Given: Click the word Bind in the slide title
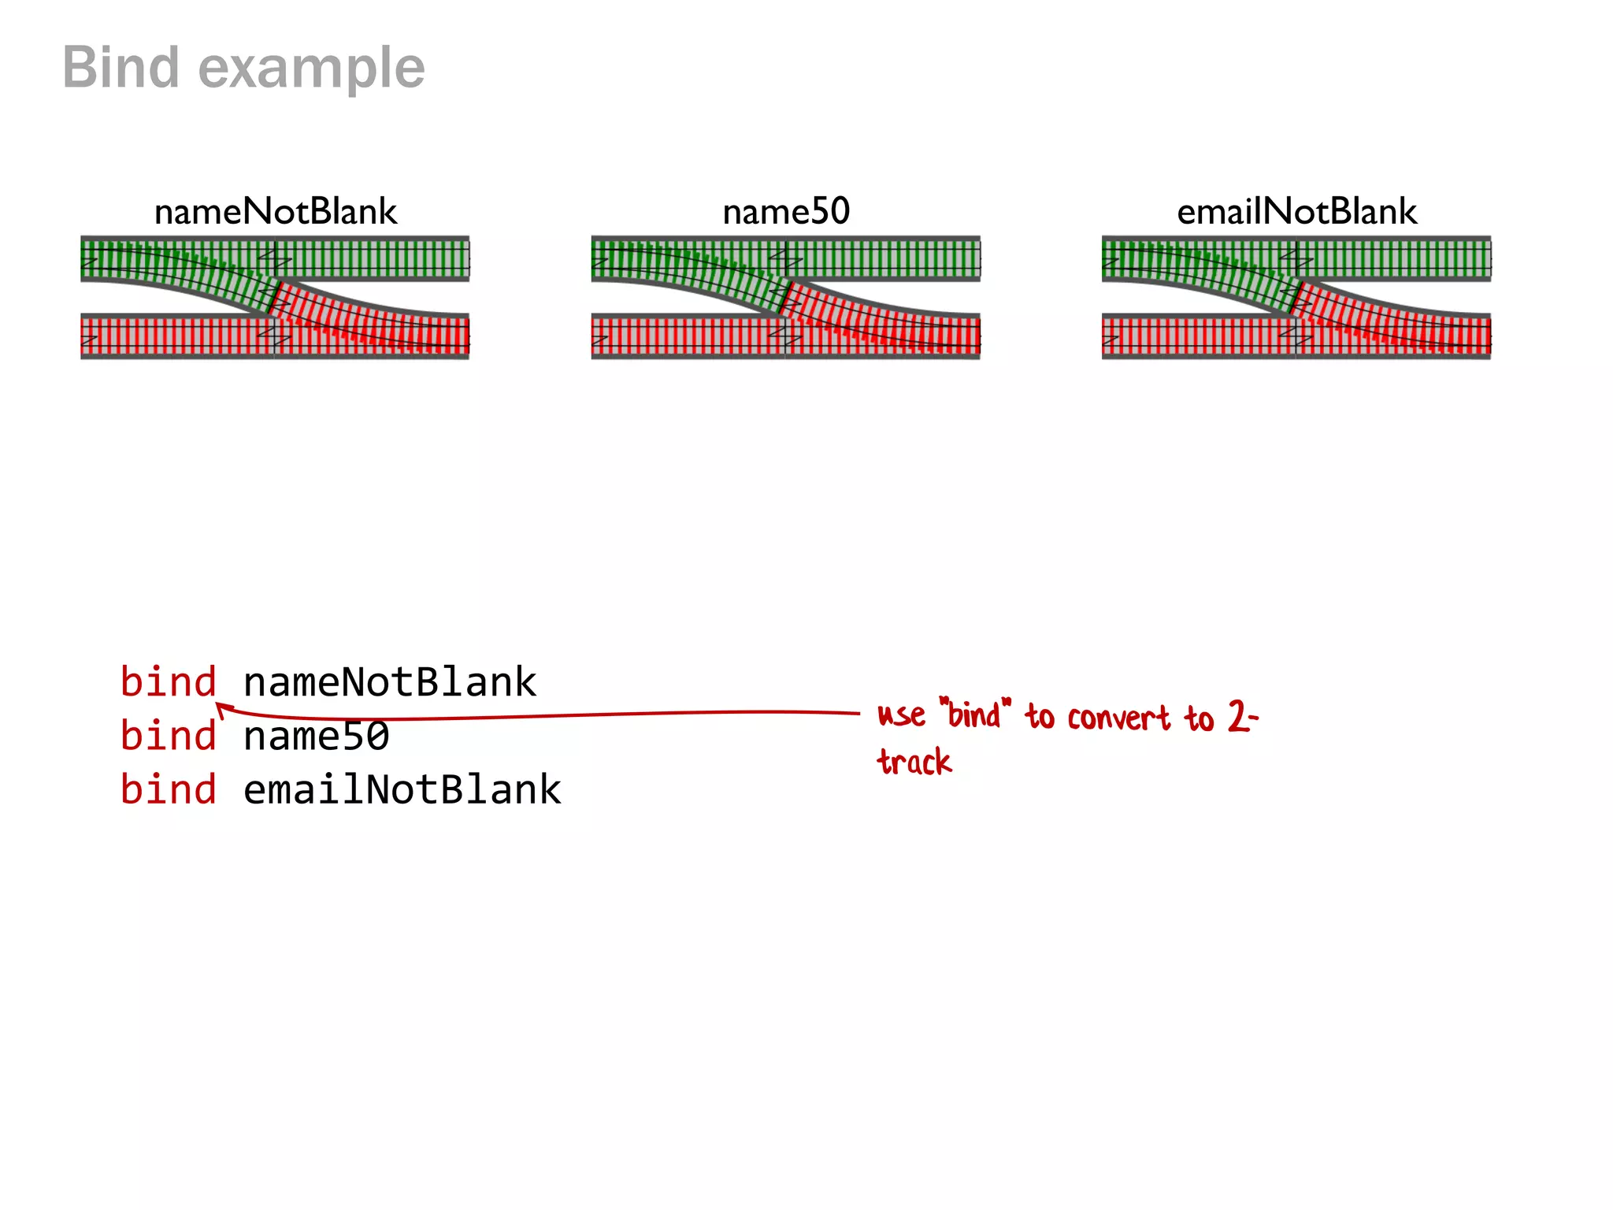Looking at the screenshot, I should click(121, 68).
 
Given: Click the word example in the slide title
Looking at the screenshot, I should click(312, 69).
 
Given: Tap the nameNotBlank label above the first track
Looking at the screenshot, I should click(276, 212).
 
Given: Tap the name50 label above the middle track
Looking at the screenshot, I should click(786, 212).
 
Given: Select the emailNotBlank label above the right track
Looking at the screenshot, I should click(1296, 212).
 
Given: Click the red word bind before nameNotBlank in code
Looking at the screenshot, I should click(168, 682).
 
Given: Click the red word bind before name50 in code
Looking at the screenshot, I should click(168, 736).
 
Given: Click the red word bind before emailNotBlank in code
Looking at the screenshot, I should click(168, 789).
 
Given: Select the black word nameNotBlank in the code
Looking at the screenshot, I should click(390, 682).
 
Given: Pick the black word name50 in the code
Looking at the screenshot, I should click(316, 736).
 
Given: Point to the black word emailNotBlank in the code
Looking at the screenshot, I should click(402, 789).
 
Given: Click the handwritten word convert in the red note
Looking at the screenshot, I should click(1118, 718).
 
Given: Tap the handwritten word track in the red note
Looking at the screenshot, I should click(914, 762).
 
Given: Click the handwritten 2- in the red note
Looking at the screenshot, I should click(1243, 717).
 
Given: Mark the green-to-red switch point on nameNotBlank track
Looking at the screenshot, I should click(273, 297).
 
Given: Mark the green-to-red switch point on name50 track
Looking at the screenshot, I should click(784, 297).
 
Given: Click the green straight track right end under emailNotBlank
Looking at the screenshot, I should click(1481, 258).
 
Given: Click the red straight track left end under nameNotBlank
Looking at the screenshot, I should click(91, 337).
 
